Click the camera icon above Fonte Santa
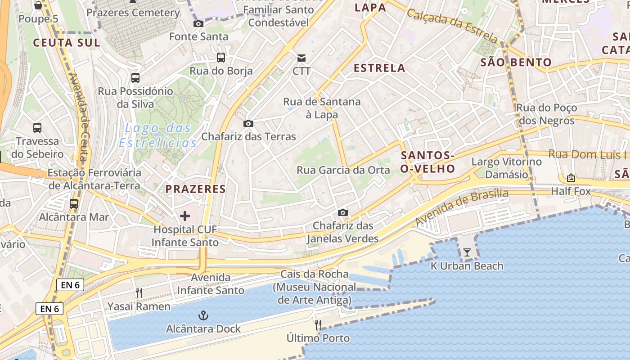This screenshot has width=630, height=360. (198, 23)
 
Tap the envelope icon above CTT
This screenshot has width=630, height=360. (301, 58)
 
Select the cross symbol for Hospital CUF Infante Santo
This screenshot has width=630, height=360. (184, 216)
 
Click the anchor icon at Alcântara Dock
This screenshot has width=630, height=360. (203, 315)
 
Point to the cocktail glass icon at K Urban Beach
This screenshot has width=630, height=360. (467, 252)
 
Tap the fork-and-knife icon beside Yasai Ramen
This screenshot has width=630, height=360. (139, 293)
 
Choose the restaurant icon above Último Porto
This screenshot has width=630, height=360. (318, 324)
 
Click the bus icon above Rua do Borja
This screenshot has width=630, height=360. (220, 57)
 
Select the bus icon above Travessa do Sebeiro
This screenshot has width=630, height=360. (37, 128)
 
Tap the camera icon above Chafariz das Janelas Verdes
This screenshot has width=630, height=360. (342, 212)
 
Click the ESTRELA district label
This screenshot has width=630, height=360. (379, 68)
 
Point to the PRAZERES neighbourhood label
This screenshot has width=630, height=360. (195, 189)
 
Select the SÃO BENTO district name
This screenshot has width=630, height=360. (516, 63)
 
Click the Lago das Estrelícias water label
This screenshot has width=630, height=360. (158, 135)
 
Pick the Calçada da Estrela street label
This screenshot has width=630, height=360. (453, 26)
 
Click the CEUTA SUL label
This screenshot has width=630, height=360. (66, 43)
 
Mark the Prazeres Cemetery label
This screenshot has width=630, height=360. (133, 13)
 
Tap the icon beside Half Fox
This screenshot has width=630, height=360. (571, 178)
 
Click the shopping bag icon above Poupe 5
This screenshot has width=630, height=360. (38, 5)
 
